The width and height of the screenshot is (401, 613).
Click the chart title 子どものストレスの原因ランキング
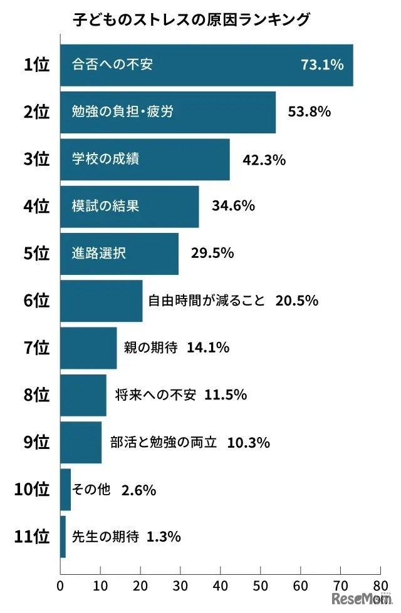pyautogui.click(x=191, y=21)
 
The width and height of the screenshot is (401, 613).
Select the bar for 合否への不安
pyautogui.click(x=207, y=65)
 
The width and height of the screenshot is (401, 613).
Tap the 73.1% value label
pyautogui.click(x=322, y=64)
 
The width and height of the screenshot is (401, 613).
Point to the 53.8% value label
pyautogui.click(x=309, y=112)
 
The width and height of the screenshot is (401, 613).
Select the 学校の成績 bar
pyautogui.click(x=145, y=159)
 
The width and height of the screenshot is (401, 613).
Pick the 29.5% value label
pyautogui.click(x=212, y=253)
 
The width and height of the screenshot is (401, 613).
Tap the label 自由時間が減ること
pyautogui.click(x=207, y=301)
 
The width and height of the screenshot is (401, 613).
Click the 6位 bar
pyautogui.click(x=102, y=301)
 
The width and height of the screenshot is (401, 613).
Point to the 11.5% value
pyautogui.click(x=225, y=395)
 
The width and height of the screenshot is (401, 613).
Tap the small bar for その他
pyautogui.click(x=66, y=490)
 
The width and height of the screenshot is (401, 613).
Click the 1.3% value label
pyautogui.click(x=164, y=537)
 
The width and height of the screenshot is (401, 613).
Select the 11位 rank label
pyautogui.click(x=32, y=537)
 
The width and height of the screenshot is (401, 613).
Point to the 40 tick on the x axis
pyautogui.click(x=221, y=587)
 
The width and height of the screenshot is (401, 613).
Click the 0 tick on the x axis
pyautogui.click(x=61, y=587)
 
